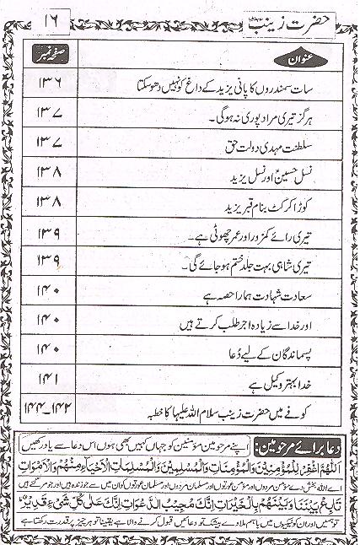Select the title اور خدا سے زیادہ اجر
click(x=253, y=322)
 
